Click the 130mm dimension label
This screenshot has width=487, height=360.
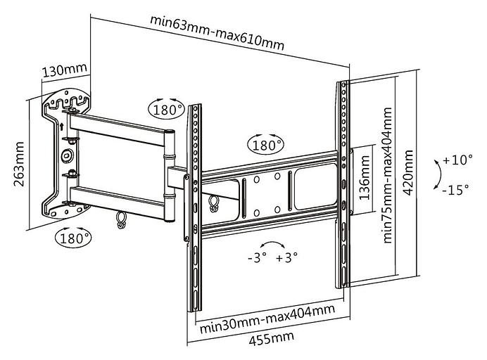[64, 71]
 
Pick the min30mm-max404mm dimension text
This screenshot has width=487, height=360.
[266, 325]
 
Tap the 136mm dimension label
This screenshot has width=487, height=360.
[365, 179]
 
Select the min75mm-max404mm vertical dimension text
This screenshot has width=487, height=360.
[388, 174]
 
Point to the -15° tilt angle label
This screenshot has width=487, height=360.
[458, 190]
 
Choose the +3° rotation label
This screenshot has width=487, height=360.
[286, 257]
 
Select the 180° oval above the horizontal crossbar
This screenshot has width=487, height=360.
[266, 145]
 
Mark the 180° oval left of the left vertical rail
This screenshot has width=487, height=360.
[166, 110]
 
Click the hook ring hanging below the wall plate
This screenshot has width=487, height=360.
[122, 221]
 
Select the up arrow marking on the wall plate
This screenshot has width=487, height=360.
[62, 127]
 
